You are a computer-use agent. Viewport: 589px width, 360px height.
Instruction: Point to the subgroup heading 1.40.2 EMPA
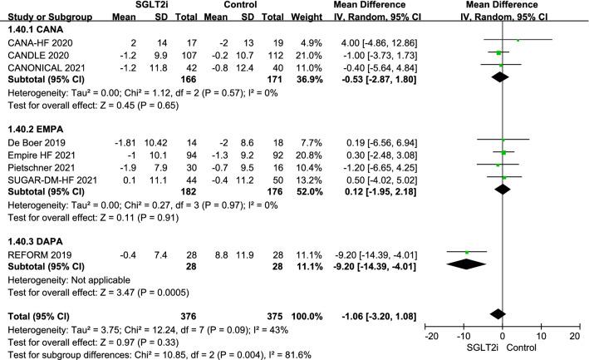tap(32, 130)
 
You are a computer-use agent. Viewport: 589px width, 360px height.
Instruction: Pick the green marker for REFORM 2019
tap(467, 252)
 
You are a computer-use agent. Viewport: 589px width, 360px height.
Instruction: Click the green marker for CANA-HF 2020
tap(517, 40)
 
